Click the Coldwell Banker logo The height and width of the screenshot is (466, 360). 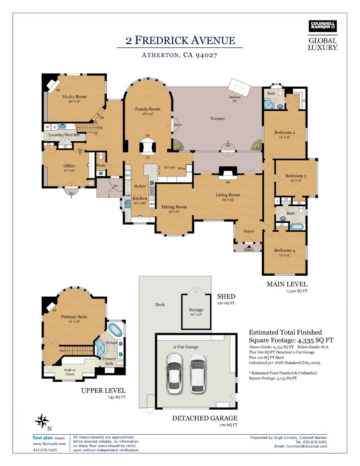point(323,26)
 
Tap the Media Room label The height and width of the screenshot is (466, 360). point(75,97)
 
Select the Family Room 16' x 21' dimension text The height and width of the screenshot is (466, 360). point(148,114)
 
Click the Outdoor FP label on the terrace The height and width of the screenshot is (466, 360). point(235,99)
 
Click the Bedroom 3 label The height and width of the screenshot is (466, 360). point(296,176)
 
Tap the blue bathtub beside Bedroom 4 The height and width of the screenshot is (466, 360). point(297,227)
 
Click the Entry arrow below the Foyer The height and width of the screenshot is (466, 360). point(249,246)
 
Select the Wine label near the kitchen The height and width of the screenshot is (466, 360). point(182,169)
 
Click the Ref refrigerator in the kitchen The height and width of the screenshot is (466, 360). point(128,175)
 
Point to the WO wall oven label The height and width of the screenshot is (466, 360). point(152,204)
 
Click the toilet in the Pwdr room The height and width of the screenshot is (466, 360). point(101,156)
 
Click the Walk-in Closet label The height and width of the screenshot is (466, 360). point(70,372)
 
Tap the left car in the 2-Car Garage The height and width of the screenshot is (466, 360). point(175,373)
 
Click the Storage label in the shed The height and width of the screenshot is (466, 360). point(196,310)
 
